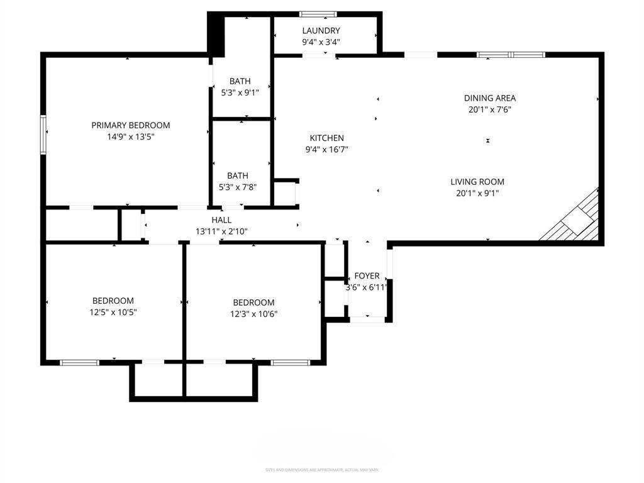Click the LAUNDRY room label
[x=321, y=31]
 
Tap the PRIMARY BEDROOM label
[x=131, y=125]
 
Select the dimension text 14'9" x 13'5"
[x=131, y=136]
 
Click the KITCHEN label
[x=326, y=138]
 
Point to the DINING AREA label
[x=490, y=98]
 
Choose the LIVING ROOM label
[x=477, y=182]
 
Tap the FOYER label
[x=367, y=276]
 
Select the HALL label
[x=221, y=220]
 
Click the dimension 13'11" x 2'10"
[x=221, y=231]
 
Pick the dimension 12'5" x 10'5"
[x=113, y=313]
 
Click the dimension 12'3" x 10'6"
[x=253, y=314]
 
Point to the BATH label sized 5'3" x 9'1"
[x=240, y=81]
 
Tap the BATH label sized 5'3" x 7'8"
[x=238, y=175]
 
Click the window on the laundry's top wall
[x=318, y=14]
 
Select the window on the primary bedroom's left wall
[x=43, y=135]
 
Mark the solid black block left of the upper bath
[x=216, y=35]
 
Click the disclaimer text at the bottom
[x=321, y=470]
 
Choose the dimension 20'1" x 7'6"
[x=490, y=109]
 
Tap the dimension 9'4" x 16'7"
[x=326, y=150]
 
